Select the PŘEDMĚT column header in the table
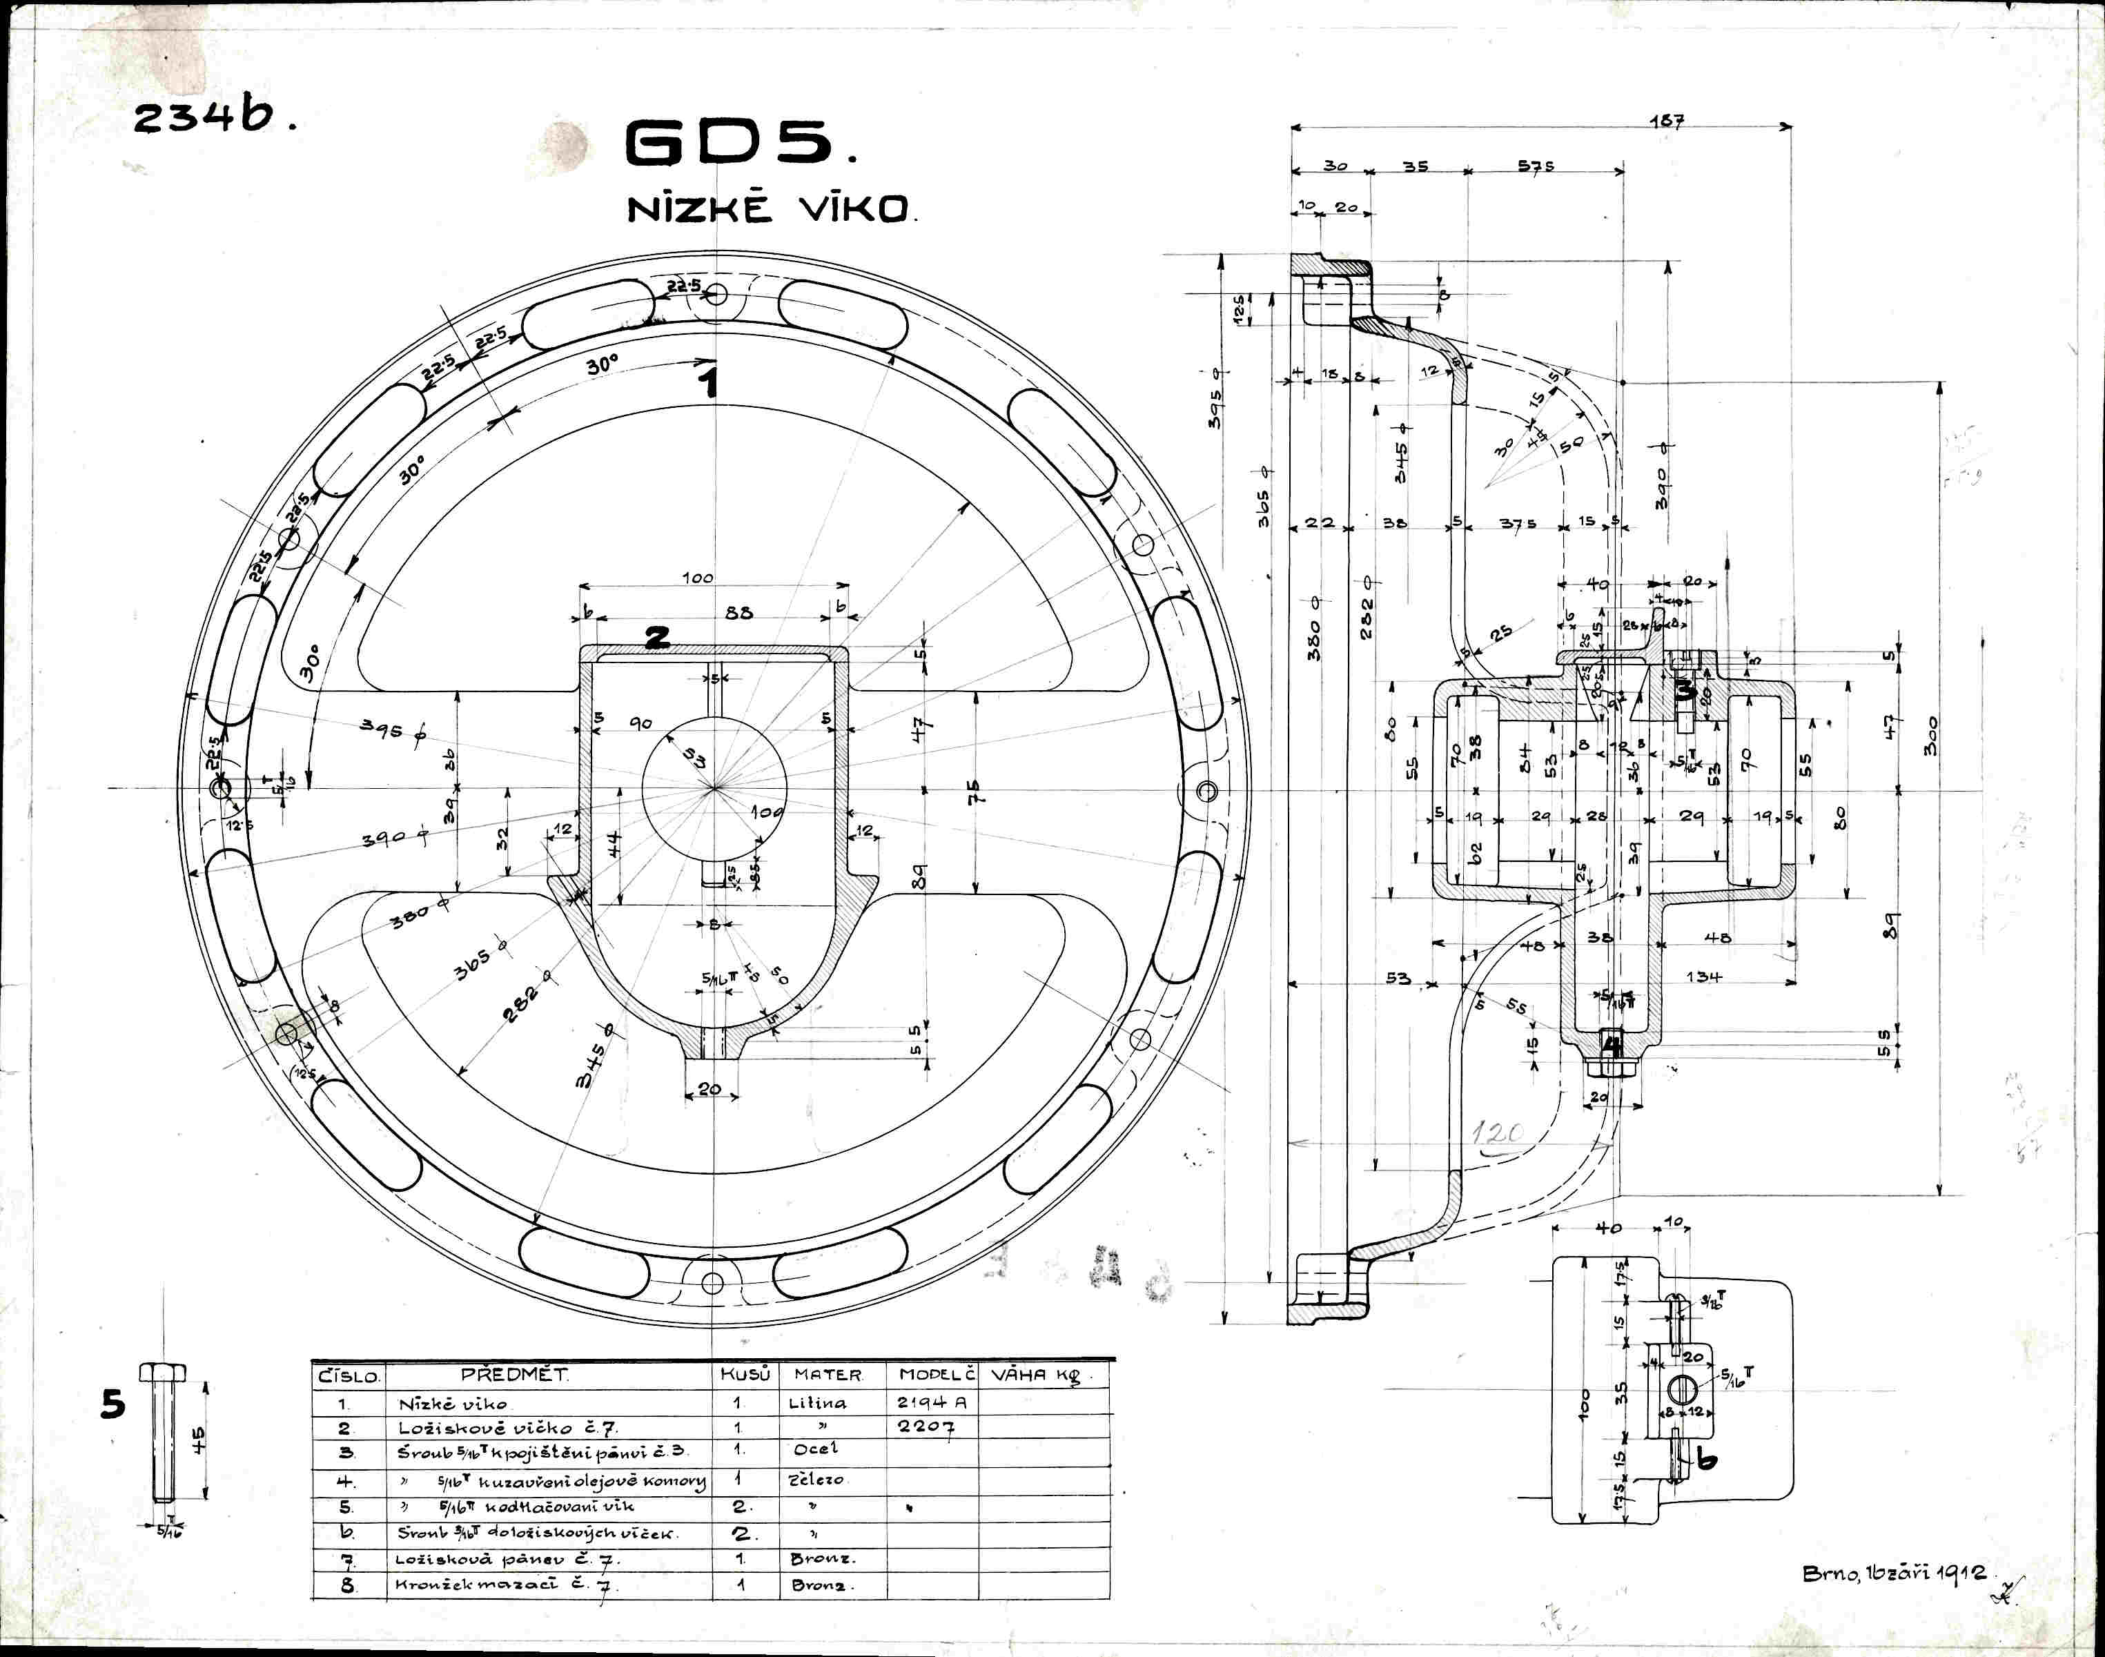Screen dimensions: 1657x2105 [x=514, y=1375]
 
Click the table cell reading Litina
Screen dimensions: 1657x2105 [x=816, y=1403]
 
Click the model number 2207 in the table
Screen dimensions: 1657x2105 [x=926, y=1427]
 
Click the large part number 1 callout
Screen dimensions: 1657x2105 [x=710, y=381]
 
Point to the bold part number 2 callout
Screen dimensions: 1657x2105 [x=657, y=638]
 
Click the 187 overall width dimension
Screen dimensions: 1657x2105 [x=1667, y=121]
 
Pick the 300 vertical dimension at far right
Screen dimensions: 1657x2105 [x=1931, y=736]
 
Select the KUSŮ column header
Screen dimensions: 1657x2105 [x=745, y=1375]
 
